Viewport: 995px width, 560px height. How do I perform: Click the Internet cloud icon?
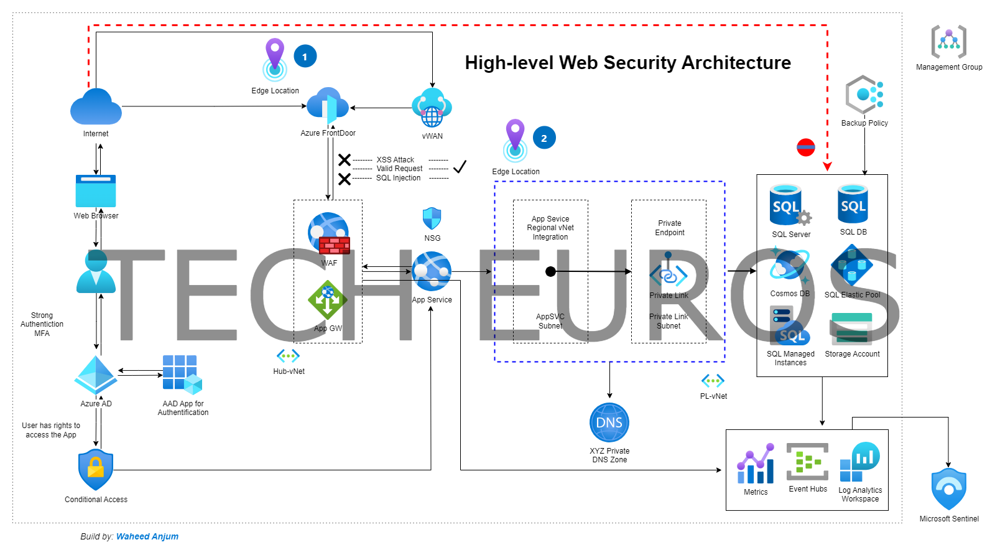pyautogui.click(x=96, y=107)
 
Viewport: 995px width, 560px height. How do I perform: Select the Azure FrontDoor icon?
pyautogui.click(x=328, y=106)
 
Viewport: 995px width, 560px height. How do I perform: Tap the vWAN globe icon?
pyautogui.click(x=432, y=108)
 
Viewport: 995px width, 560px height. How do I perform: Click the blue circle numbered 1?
pyautogui.click(x=305, y=57)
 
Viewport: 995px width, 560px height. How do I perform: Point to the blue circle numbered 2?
pyautogui.click(x=544, y=138)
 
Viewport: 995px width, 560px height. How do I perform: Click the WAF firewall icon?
pyautogui.click(x=329, y=234)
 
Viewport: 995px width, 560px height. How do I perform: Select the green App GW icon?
pyautogui.click(x=327, y=300)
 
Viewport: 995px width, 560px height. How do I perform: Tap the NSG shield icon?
pyautogui.click(x=432, y=219)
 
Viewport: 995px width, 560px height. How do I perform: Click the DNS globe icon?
pyautogui.click(x=609, y=422)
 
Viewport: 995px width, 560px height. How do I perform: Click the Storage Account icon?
pyautogui.click(x=852, y=329)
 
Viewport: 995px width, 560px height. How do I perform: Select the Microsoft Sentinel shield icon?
pyautogui.click(x=948, y=489)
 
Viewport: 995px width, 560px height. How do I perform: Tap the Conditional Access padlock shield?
pyautogui.click(x=96, y=470)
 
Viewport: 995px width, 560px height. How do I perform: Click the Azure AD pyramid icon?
pyautogui.click(x=96, y=375)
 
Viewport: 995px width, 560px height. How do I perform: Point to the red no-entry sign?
pyautogui.click(x=805, y=147)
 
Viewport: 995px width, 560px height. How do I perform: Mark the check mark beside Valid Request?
pyautogui.click(x=460, y=167)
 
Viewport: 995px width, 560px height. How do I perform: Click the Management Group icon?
pyautogui.click(x=948, y=42)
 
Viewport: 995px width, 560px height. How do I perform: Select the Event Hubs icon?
pyautogui.click(x=807, y=462)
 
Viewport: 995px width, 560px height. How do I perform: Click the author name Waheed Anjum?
pyautogui.click(x=147, y=536)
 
